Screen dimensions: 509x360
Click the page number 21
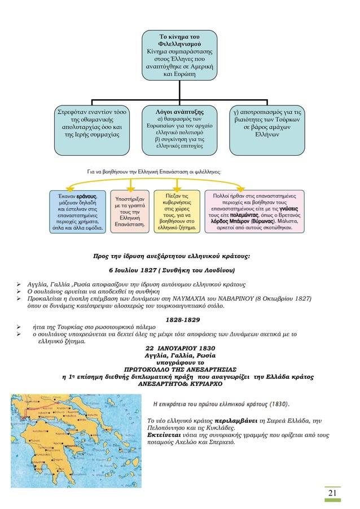[x=333, y=494]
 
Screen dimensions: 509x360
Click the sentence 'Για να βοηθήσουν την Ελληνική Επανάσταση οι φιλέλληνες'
[x=153, y=169]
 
